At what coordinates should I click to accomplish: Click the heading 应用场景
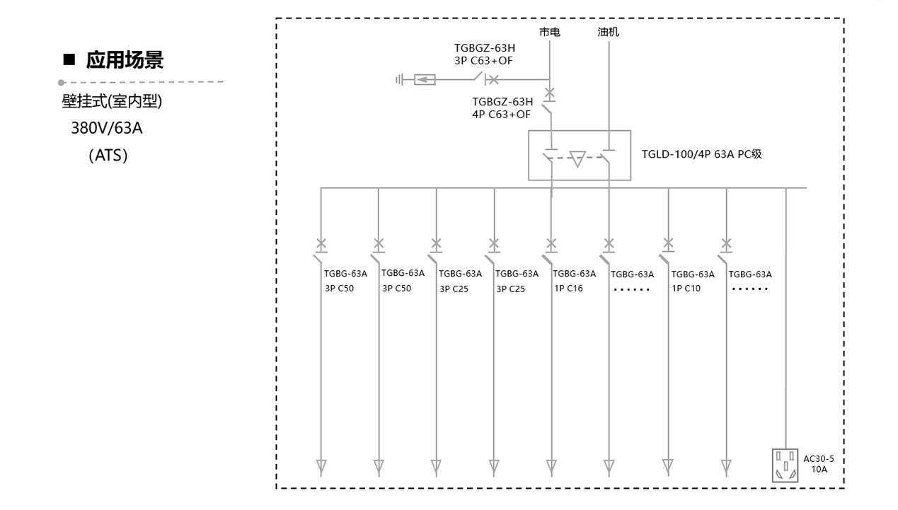(125, 61)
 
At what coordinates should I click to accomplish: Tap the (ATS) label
(108, 155)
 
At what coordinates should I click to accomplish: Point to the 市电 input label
(549, 33)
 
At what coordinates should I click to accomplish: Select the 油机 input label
(608, 33)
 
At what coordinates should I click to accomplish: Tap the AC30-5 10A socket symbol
(785, 465)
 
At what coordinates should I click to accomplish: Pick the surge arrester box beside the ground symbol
(424, 80)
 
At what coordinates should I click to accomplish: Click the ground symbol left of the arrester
(400, 80)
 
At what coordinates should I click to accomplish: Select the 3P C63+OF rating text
(483, 61)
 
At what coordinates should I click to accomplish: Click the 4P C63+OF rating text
(501, 113)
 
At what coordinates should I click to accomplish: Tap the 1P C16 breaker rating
(568, 289)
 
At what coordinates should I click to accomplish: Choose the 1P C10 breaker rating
(685, 289)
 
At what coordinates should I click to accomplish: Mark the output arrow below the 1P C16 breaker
(551, 467)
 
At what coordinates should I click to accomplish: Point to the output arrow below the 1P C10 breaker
(667, 467)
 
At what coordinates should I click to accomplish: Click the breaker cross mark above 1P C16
(551, 244)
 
